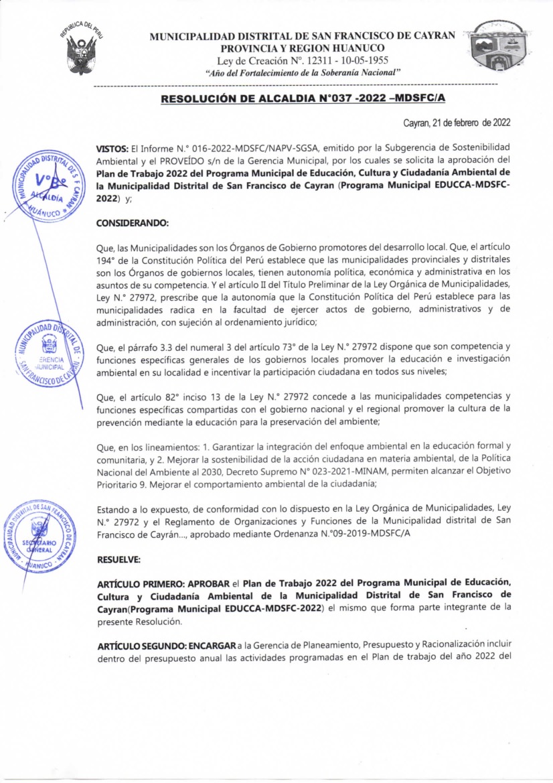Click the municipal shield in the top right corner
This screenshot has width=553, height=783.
502,46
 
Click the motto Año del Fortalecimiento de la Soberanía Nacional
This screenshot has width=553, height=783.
303,72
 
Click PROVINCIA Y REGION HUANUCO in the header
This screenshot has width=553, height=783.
303,48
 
